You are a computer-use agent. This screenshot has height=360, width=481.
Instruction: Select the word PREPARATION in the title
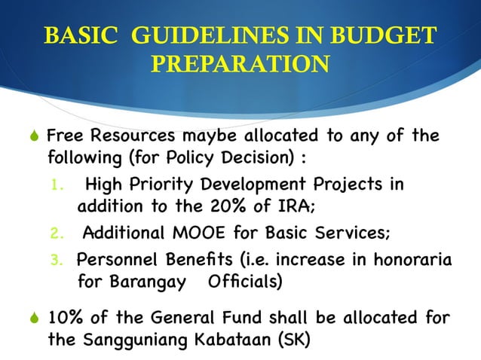pos(240,65)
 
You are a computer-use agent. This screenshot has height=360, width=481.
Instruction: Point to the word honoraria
pos(416,260)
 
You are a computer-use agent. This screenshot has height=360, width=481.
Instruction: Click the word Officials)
pos(247,283)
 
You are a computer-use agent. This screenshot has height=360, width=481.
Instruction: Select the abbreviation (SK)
pos(290,340)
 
